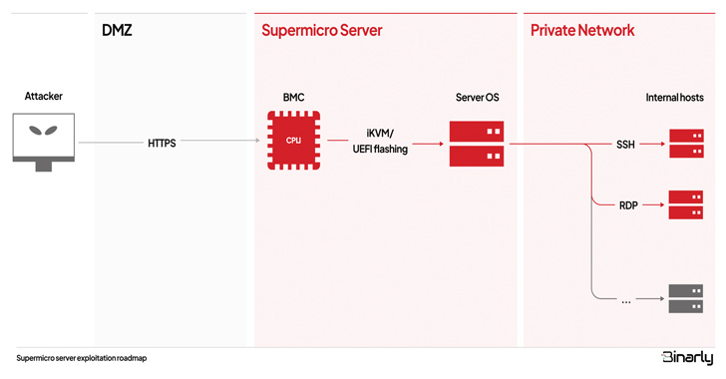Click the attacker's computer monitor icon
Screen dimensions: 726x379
coord(44,143)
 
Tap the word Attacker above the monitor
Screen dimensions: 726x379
coord(44,97)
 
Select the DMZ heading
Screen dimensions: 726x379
coord(117,31)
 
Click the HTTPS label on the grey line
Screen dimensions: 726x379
coord(162,144)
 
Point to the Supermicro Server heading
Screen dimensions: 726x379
coord(322,31)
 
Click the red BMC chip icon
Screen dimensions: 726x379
coord(293,141)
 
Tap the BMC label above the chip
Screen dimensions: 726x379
coord(293,98)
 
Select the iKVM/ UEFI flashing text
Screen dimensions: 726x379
coord(380,142)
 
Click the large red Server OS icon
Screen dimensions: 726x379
coord(477,144)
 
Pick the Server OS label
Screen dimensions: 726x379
coord(478,98)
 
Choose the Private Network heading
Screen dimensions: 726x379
coord(582,31)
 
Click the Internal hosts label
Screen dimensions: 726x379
coord(674,98)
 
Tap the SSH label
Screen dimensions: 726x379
coord(625,145)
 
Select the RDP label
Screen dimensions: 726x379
coord(628,205)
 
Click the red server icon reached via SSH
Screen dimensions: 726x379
coord(687,144)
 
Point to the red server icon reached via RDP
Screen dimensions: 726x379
coord(686,204)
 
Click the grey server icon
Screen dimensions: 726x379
coord(686,298)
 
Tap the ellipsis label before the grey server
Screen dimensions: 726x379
coord(626,302)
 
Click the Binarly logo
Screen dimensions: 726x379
coord(687,358)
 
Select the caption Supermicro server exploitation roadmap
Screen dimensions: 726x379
coord(82,358)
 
